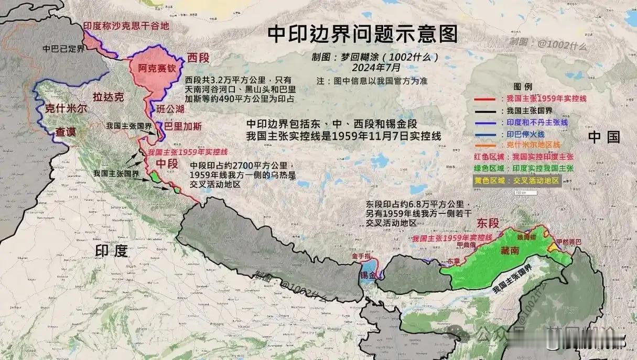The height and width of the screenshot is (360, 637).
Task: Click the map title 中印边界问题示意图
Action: click(x=362, y=35)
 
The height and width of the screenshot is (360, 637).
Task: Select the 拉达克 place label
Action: click(x=108, y=96)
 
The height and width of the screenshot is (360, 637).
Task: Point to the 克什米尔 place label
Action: click(x=66, y=108)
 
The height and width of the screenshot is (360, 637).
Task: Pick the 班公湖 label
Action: click(x=171, y=108)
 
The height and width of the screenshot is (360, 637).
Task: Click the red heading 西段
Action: click(x=198, y=58)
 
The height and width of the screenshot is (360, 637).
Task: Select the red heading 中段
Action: click(x=169, y=165)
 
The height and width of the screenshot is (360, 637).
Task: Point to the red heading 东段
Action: click(x=488, y=223)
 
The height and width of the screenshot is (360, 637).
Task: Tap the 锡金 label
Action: click(x=368, y=275)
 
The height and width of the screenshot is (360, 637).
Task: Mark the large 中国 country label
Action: click(x=603, y=137)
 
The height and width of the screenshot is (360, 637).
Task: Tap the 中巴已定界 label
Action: click(x=63, y=48)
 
